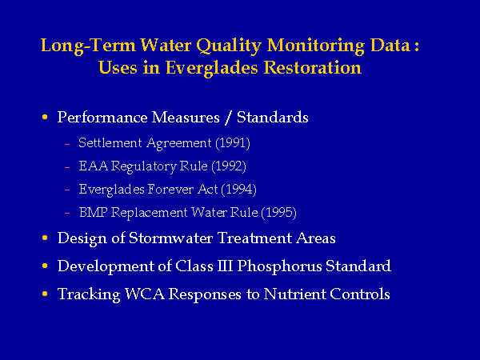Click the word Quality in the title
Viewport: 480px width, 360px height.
(228, 46)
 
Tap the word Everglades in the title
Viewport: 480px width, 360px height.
(211, 68)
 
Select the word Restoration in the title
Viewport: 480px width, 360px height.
(313, 67)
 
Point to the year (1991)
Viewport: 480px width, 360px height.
(233, 143)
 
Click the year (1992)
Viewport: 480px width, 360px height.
(229, 166)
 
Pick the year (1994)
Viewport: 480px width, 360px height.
(238, 190)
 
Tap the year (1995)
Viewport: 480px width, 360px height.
(279, 213)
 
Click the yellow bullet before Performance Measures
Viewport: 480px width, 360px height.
(45, 117)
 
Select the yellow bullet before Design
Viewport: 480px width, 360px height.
(45, 238)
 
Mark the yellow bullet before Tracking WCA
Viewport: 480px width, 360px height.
(45, 294)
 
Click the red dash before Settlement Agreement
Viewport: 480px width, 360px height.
(67, 144)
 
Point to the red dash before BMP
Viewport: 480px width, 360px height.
(67, 213)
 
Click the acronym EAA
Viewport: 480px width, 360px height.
(94, 166)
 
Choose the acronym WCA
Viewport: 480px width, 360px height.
(145, 294)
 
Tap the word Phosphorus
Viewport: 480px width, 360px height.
(279, 266)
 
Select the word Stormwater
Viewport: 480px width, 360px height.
(171, 238)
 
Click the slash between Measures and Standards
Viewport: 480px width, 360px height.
(228, 118)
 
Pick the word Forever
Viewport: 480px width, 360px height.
(171, 190)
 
